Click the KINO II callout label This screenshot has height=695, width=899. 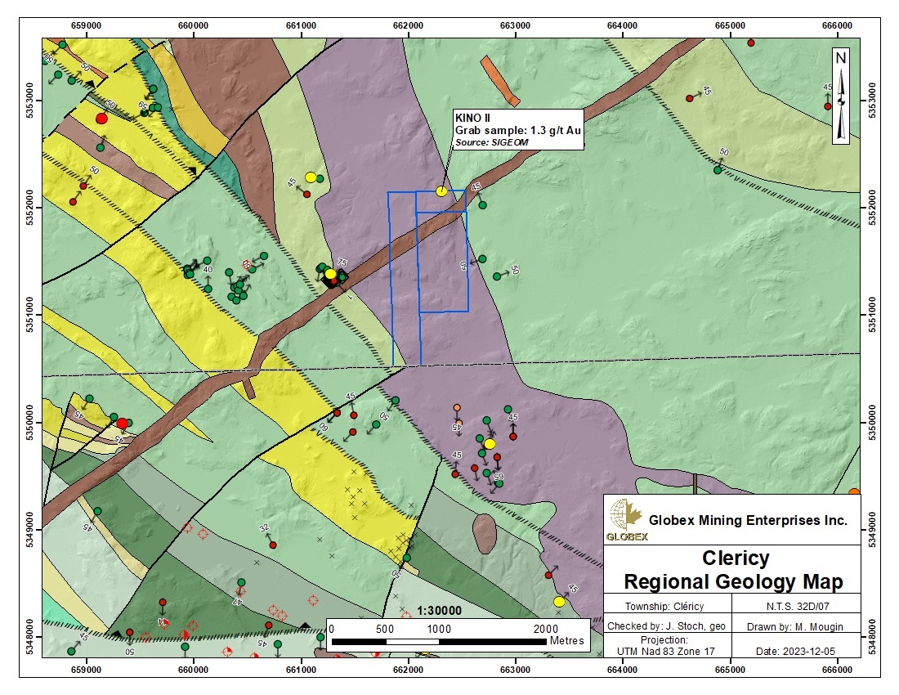pyautogui.click(x=518, y=130)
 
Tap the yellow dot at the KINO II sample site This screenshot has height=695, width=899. pyautogui.click(x=441, y=191)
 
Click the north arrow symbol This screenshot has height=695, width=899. pyautogui.click(x=841, y=96)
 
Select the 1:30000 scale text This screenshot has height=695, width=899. pyautogui.click(x=439, y=611)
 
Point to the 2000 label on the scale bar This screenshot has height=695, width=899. pyautogui.click(x=545, y=629)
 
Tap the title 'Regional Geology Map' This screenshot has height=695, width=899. pyautogui.click(x=732, y=582)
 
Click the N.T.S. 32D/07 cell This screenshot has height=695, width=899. pyautogui.click(x=796, y=607)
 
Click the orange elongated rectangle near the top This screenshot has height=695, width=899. pyautogui.click(x=499, y=80)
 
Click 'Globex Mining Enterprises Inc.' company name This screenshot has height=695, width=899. pyautogui.click(x=748, y=520)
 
